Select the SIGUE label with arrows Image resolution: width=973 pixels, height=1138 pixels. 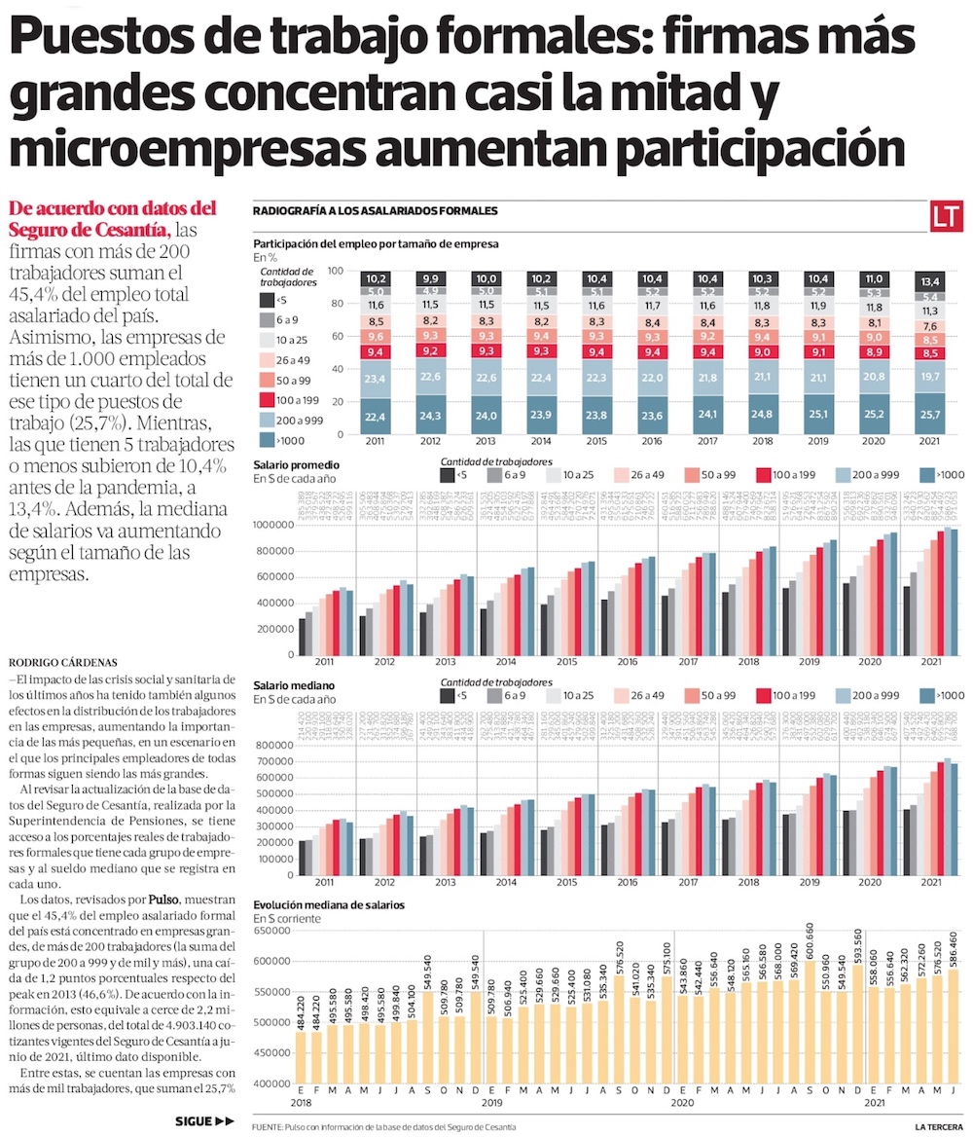pos(204,1120)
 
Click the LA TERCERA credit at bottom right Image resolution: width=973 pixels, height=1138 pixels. pos(941,1126)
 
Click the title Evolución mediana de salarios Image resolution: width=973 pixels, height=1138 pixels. pos(329,904)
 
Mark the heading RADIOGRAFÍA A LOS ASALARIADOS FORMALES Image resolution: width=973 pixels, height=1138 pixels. pos(375,210)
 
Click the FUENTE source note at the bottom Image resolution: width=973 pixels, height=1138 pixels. pos(383,1126)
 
